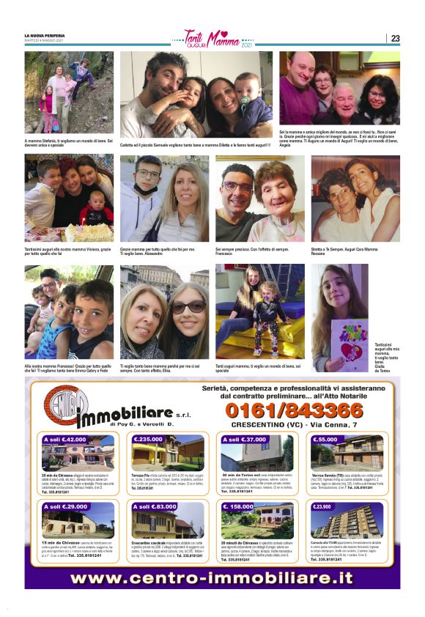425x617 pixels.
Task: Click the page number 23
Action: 395,38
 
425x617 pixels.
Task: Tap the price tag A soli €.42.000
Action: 64,440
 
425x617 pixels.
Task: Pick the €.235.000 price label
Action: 149,440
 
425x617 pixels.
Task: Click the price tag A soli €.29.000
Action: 64,506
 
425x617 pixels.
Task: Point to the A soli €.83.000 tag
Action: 155,506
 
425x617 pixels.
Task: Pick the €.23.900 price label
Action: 322,506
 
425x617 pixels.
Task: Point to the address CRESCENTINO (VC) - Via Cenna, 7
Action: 294,424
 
